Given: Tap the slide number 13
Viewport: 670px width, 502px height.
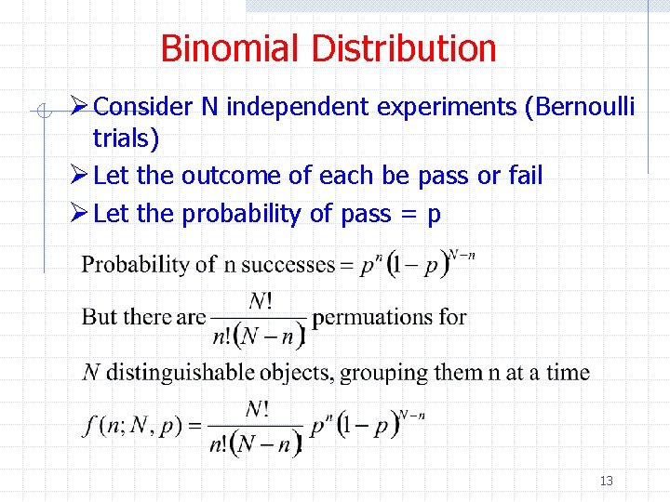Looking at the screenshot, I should pyautogui.click(x=607, y=481).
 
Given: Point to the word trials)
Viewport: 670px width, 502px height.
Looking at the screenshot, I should pyautogui.click(x=126, y=139).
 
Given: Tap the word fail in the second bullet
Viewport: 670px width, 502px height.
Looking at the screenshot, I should pyautogui.click(x=525, y=176).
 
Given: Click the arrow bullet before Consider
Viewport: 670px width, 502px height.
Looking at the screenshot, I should pyautogui.click(x=81, y=107).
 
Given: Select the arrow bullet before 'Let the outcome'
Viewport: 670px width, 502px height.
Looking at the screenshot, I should pyautogui.click(x=81, y=176).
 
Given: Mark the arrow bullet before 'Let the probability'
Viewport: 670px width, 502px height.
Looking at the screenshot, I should pyautogui.click(x=81, y=214).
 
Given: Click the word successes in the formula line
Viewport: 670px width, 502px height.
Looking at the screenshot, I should pyautogui.click(x=288, y=265).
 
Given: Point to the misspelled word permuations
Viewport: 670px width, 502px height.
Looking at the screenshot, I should pyautogui.click(x=389, y=317).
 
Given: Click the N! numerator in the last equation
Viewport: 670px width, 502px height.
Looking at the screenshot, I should pyautogui.click(x=258, y=409).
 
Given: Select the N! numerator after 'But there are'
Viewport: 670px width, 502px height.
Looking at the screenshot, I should pyautogui.click(x=258, y=299).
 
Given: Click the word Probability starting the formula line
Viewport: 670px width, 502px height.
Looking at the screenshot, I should pyautogui.click(x=135, y=265).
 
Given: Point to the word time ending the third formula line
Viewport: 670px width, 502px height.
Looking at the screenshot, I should pyautogui.click(x=568, y=373).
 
